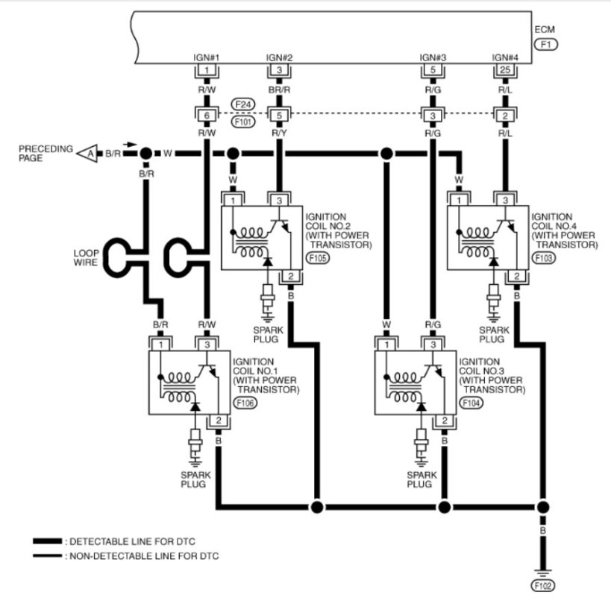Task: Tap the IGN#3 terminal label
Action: [433, 57]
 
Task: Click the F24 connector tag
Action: [241, 103]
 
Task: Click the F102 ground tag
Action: [545, 585]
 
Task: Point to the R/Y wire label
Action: [279, 133]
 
